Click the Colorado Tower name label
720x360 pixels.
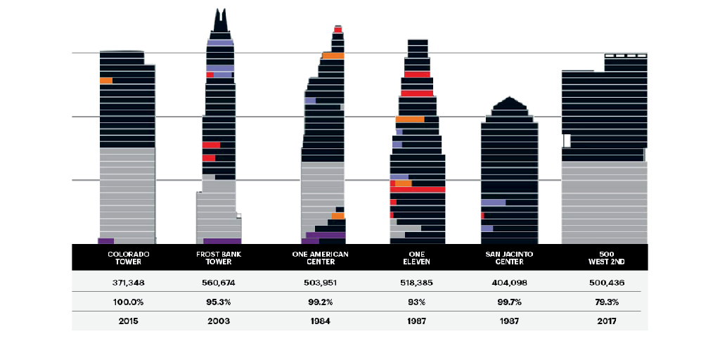point(128,257)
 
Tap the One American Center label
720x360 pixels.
point(320,257)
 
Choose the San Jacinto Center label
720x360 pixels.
point(510,257)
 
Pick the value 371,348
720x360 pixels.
point(128,282)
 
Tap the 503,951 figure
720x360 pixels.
point(320,282)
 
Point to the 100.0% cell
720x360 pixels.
point(128,302)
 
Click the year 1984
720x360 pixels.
point(320,321)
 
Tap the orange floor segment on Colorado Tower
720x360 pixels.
point(105,81)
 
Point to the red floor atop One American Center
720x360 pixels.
point(338,30)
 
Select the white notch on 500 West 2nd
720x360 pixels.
point(566,141)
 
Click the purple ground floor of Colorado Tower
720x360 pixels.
point(106,240)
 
